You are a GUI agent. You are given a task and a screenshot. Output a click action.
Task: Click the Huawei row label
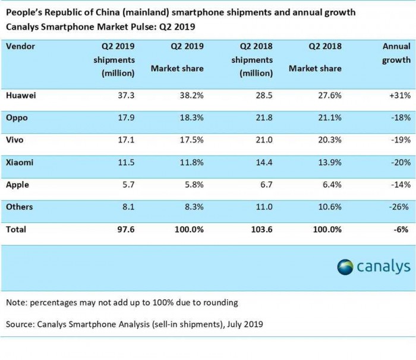pyautogui.click(x=21, y=95)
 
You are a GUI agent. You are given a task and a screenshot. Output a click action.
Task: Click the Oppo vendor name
pyautogui.click(x=17, y=118)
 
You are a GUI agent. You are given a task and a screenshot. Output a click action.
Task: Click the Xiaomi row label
pyautogui.click(x=20, y=162)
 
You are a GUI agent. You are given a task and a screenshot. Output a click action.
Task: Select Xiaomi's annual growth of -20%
pyautogui.click(x=398, y=162)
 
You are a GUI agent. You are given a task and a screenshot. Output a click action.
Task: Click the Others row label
pyautogui.click(x=20, y=207)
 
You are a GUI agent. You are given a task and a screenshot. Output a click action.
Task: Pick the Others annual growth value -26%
pyautogui.click(x=398, y=207)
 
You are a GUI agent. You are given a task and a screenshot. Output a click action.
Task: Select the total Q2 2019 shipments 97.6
pyautogui.click(x=126, y=229)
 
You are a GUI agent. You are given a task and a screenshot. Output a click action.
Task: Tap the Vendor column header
pyautogui.click(x=21, y=45)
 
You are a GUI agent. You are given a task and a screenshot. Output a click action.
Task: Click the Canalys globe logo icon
pyautogui.click(x=345, y=267)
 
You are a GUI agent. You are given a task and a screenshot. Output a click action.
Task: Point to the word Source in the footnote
pyautogui.click(x=20, y=324)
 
